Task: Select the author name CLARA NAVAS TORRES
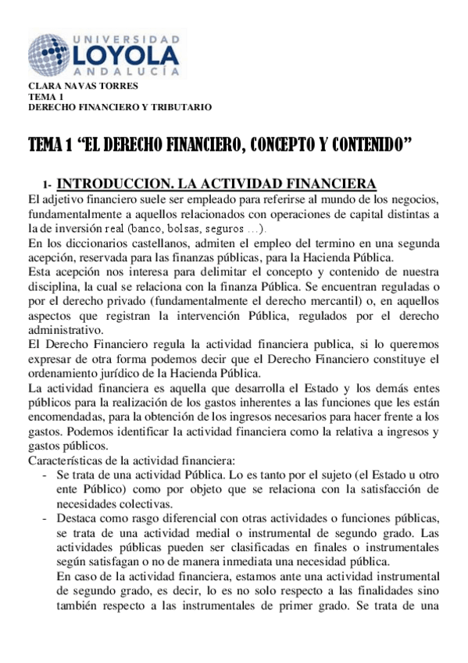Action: click(72, 85)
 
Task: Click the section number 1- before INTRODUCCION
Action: click(48, 185)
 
